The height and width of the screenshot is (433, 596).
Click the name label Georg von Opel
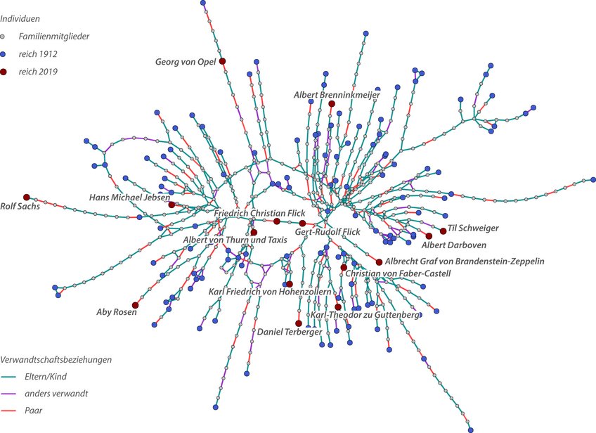(185, 62)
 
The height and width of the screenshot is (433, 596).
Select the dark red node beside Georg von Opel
(222, 61)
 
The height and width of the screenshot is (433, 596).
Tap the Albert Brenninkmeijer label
(337, 94)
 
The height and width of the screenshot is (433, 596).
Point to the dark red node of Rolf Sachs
(27, 197)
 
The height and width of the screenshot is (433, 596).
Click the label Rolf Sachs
(20, 207)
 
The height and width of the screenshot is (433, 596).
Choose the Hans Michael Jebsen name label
(130, 198)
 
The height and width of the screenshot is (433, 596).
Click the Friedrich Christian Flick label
(259, 212)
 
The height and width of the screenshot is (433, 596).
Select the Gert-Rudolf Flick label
(328, 232)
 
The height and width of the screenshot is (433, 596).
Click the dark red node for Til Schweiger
(443, 231)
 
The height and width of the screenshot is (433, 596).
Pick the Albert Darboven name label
(453, 245)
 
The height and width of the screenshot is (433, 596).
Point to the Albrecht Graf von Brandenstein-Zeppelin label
(465, 261)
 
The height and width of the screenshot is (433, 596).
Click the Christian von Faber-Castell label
(398, 273)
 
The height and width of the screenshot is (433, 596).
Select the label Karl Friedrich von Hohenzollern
(270, 291)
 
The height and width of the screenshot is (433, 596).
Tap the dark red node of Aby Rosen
(136, 305)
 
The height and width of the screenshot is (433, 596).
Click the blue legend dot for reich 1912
(4, 54)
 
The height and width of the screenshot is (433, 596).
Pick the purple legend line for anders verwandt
(9, 393)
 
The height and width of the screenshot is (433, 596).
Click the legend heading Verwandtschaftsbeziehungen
(56, 360)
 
